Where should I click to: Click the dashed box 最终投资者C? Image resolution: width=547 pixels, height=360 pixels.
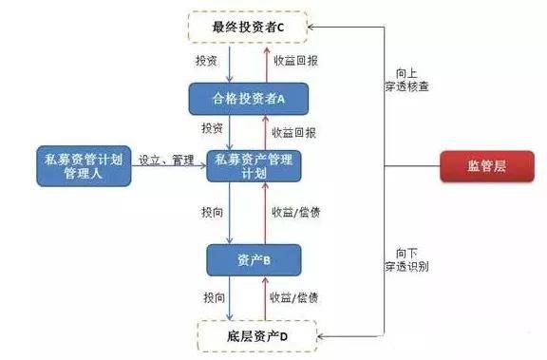tap(248, 28)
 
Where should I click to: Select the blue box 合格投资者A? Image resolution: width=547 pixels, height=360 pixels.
tap(249, 99)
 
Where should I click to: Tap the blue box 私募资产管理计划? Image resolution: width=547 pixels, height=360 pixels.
tap(254, 166)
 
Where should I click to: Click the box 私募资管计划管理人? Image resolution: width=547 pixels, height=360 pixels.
tap(84, 166)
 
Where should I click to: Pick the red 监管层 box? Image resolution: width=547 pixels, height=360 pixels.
tap(487, 166)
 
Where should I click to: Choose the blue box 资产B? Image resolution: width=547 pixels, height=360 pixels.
tap(254, 260)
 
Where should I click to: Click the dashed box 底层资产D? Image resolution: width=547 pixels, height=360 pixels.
tap(257, 336)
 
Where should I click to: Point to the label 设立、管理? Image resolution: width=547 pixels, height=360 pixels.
tap(166, 161)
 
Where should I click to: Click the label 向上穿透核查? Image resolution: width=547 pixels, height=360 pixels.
tap(406, 80)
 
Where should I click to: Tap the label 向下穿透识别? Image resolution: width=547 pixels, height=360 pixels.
tap(406, 260)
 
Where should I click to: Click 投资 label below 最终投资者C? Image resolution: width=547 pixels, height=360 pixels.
tap(206, 61)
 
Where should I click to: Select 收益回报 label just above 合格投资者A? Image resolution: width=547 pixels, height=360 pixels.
tap(295, 61)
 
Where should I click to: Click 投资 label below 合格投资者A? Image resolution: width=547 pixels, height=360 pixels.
tap(212, 128)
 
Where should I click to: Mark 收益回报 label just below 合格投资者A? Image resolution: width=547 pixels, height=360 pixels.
tap(293, 133)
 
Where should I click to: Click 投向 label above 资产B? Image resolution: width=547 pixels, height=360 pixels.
tap(212, 212)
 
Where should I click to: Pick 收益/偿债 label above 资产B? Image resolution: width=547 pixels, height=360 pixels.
tap(296, 212)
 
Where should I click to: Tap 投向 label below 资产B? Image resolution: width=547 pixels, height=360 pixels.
tap(215, 297)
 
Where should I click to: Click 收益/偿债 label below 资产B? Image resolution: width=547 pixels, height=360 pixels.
tap(293, 297)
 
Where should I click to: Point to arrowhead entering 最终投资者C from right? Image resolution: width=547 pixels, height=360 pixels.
tap(311, 27)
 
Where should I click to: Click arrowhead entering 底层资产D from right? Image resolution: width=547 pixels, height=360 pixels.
tap(321, 336)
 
